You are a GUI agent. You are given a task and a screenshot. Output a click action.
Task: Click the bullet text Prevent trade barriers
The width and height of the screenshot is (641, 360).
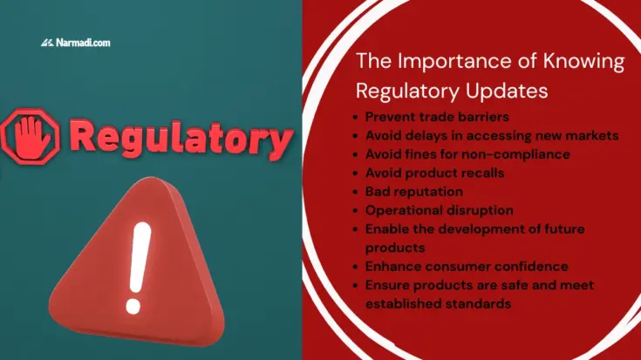pyautogui.click(x=425, y=116)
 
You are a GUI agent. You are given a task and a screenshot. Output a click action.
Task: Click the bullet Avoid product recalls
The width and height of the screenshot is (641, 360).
pyautogui.click(x=434, y=173)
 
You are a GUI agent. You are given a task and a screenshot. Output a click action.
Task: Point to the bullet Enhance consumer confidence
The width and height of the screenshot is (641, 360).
pyautogui.click(x=467, y=266)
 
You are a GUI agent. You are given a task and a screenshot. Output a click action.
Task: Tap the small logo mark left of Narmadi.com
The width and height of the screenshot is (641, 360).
pyautogui.click(x=47, y=42)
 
